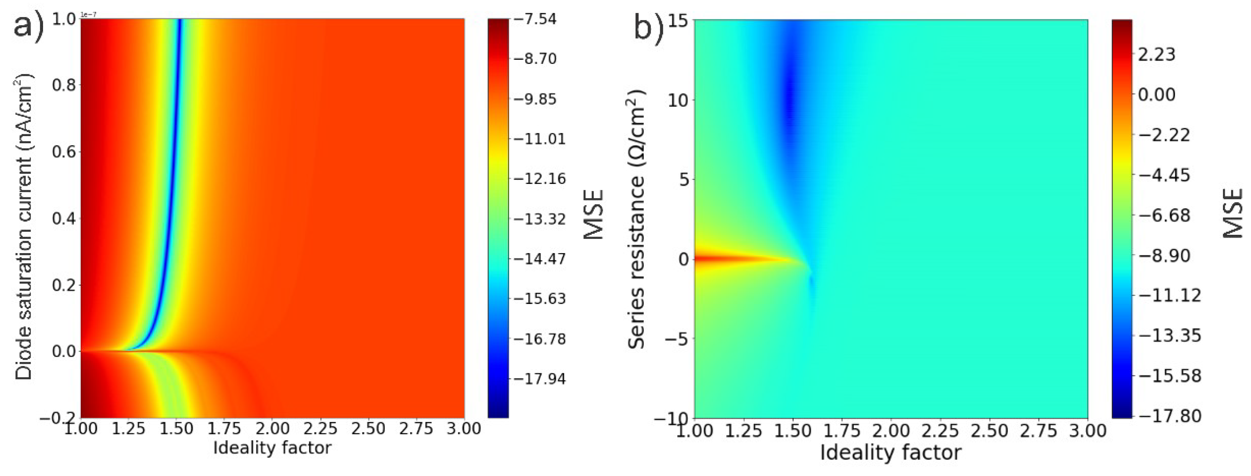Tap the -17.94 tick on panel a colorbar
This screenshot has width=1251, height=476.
[x=540, y=378]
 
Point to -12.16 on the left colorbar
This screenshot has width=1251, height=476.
[x=540, y=179]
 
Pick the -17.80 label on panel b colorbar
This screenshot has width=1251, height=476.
[x=1169, y=415]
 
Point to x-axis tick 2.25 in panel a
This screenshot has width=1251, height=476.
[x=320, y=429]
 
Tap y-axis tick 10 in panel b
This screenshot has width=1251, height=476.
[x=678, y=101]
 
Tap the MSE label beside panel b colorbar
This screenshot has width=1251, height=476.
[x=1232, y=214]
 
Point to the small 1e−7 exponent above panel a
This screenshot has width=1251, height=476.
[x=88, y=15]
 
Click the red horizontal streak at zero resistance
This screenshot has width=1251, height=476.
[x=728, y=259]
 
